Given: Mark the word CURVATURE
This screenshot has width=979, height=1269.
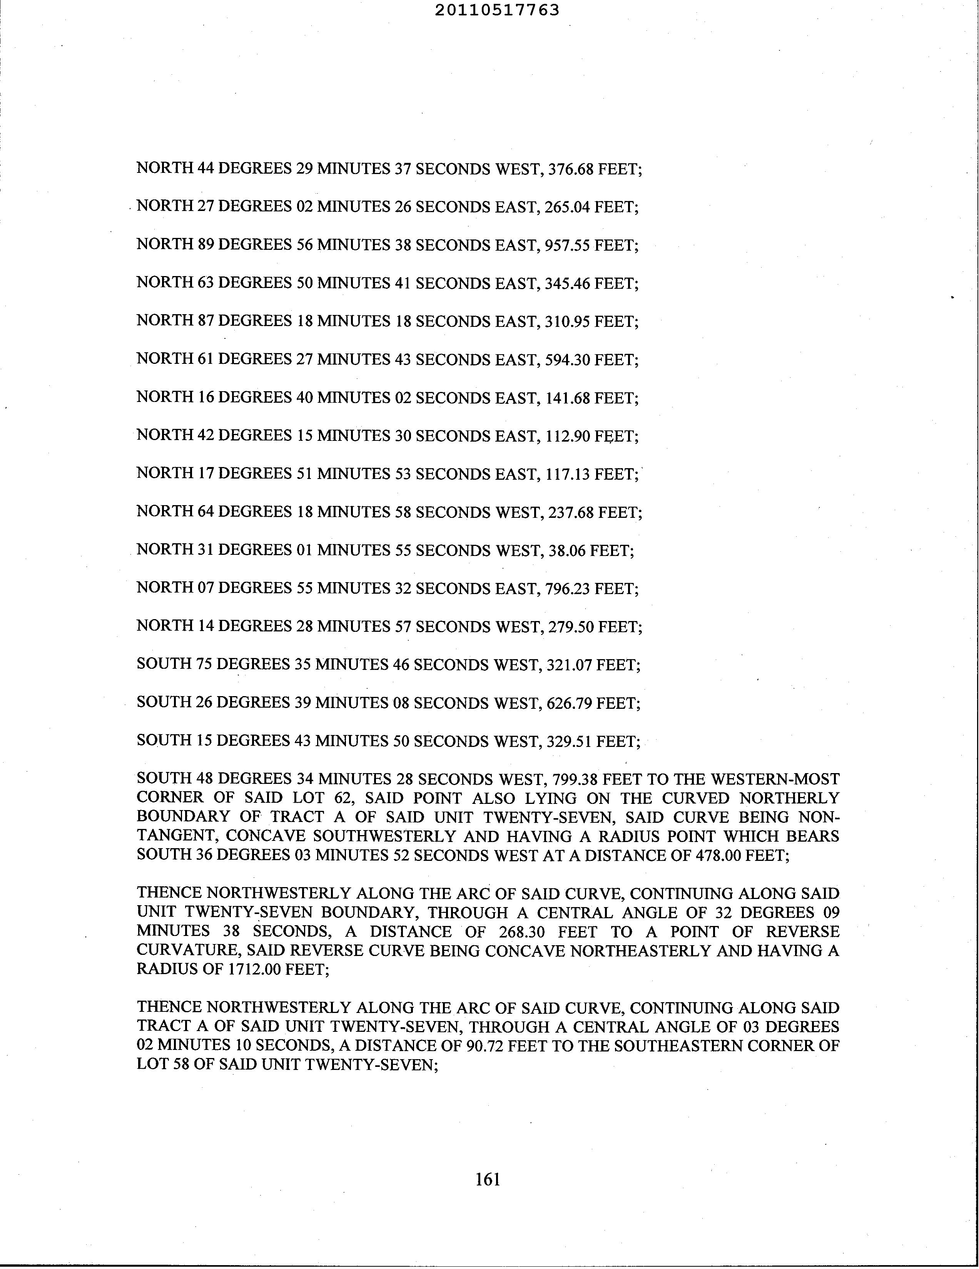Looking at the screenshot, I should coord(187,951).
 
